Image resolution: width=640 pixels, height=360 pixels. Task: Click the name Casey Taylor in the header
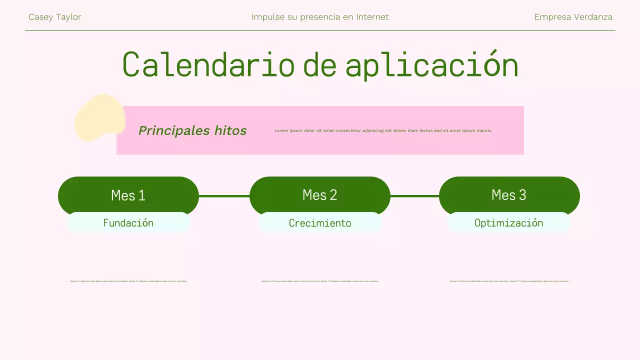[54, 17]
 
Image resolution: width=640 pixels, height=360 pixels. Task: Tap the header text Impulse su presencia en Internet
[320, 17]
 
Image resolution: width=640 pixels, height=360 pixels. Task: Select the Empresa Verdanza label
[573, 17]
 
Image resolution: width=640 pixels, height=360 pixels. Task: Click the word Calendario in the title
[208, 65]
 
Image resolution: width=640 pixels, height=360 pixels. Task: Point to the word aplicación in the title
[431, 65]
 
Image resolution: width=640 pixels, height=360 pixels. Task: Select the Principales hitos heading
[192, 130]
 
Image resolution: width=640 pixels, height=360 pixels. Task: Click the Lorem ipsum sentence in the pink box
[383, 130]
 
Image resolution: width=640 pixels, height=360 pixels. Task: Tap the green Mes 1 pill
[128, 194]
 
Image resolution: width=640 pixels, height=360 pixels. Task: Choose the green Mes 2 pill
[319, 194]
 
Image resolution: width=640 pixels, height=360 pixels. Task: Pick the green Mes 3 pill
[509, 194]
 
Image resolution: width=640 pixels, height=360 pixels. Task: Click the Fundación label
[128, 223]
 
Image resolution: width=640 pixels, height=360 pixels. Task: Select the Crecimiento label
[320, 223]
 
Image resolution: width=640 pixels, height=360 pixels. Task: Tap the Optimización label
[508, 223]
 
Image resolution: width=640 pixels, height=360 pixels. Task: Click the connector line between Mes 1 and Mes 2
[224, 196]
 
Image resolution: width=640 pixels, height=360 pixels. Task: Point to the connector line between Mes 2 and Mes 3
[414, 196]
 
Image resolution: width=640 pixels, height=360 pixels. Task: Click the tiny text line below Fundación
[128, 281]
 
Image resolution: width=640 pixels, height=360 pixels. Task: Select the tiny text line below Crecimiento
[320, 281]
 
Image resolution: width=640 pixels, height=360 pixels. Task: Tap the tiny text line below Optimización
[509, 281]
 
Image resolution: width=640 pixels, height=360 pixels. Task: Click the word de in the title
[319, 65]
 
